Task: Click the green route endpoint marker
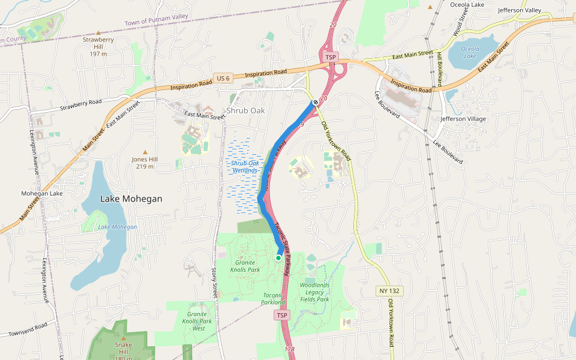click(278, 257)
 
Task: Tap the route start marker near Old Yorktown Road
click(315, 102)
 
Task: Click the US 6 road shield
click(222, 78)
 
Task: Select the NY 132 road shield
click(390, 290)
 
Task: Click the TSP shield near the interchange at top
click(330, 56)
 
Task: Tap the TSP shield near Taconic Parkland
click(281, 315)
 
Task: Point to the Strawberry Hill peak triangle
click(98, 32)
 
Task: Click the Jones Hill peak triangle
click(145, 152)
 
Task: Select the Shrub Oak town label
click(245, 110)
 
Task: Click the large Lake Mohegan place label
click(131, 199)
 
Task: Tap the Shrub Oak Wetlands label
click(245, 167)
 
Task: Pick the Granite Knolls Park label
click(245, 266)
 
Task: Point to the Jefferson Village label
click(463, 119)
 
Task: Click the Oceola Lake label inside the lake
click(470, 52)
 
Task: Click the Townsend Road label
click(28, 330)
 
